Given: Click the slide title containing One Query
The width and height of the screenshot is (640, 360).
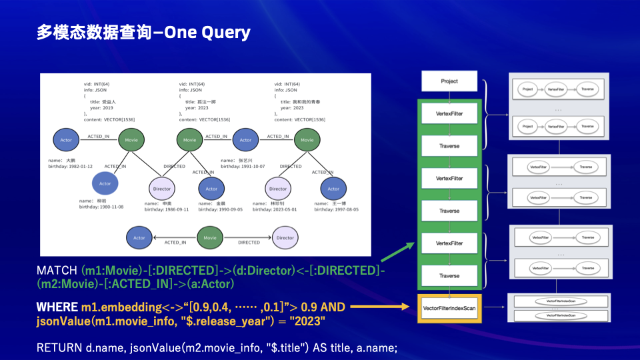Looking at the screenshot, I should click(143, 33).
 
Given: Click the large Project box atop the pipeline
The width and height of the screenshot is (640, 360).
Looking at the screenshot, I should click(449, 81).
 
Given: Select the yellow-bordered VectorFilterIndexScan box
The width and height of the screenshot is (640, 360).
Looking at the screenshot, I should click(449, 307).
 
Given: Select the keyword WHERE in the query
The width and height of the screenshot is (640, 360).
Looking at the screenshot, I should click(57, 307).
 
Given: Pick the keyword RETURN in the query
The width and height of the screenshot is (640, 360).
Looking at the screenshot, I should click(59, 347).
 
